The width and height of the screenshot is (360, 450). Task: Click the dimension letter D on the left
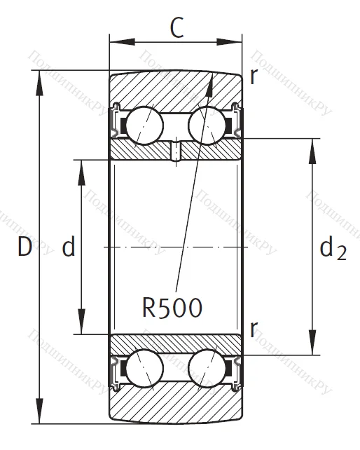tap(25, 247)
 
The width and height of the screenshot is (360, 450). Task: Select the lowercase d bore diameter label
tap(68, 247)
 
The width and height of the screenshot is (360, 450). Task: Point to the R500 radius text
tap(172, 307)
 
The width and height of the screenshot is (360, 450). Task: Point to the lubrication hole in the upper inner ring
tap(176, 150)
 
